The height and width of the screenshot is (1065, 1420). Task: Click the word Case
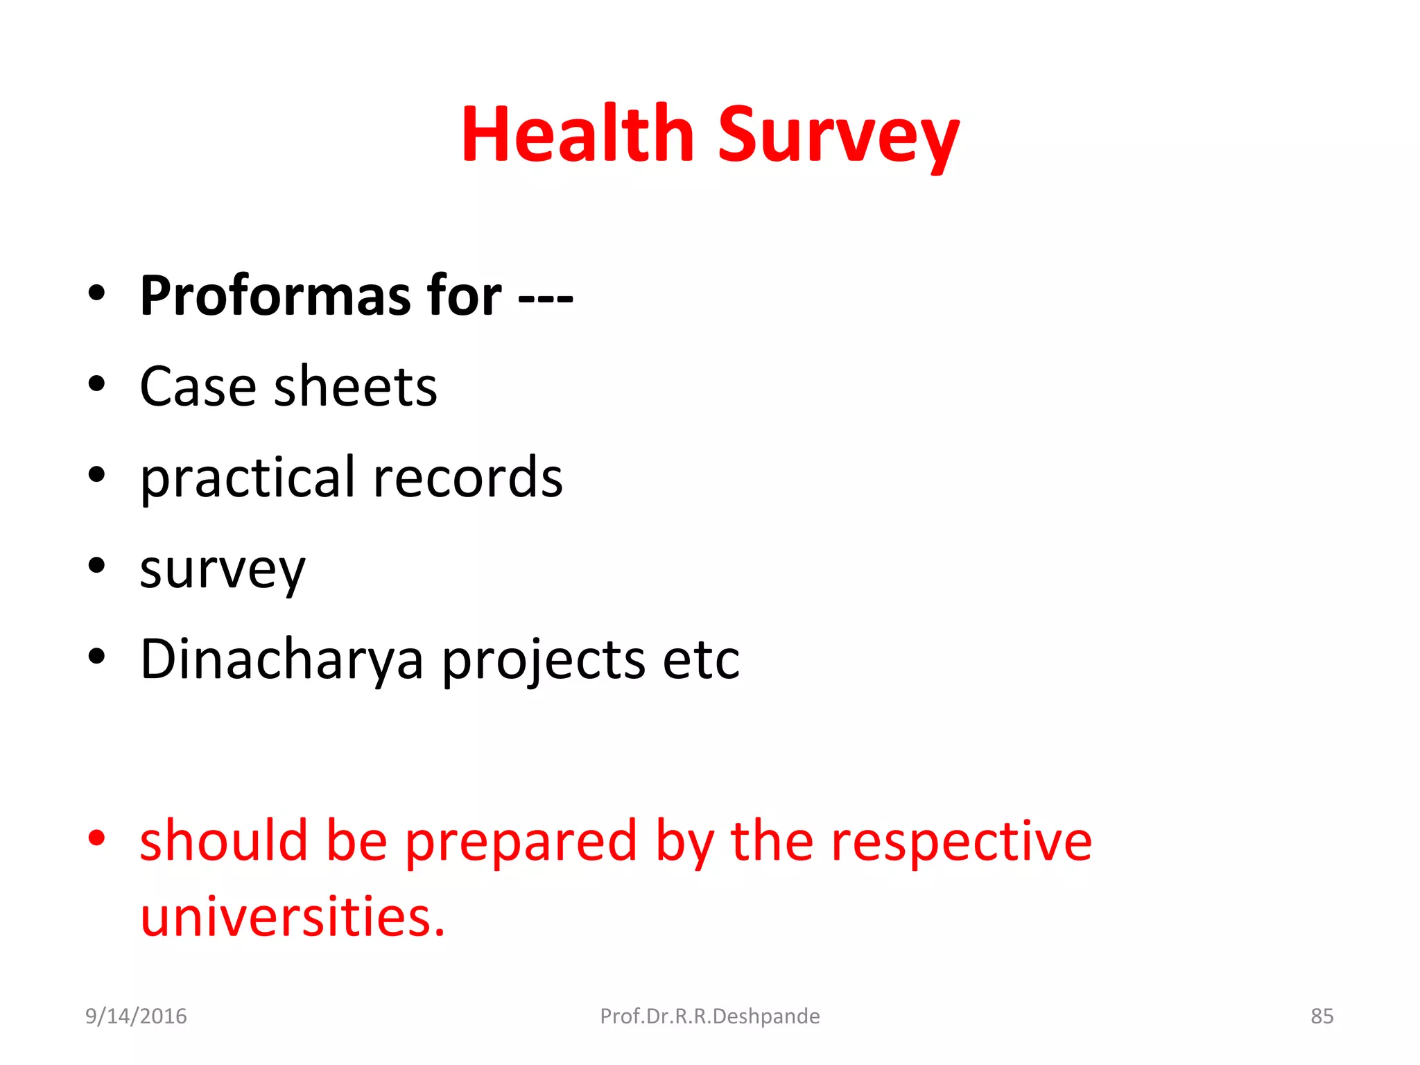point(198,387)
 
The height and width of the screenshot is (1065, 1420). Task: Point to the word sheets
point(356,387)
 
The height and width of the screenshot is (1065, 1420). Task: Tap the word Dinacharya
point(281,659)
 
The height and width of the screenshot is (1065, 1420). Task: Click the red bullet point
point(96,838)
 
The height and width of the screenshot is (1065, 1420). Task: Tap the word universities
point(291,917)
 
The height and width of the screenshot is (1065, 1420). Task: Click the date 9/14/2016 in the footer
point(136,1016)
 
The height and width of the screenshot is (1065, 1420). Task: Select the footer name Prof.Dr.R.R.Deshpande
point(709,1016)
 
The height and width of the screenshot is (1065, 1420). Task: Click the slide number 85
point(1322,1016)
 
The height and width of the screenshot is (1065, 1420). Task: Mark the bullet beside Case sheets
point(96,383)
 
